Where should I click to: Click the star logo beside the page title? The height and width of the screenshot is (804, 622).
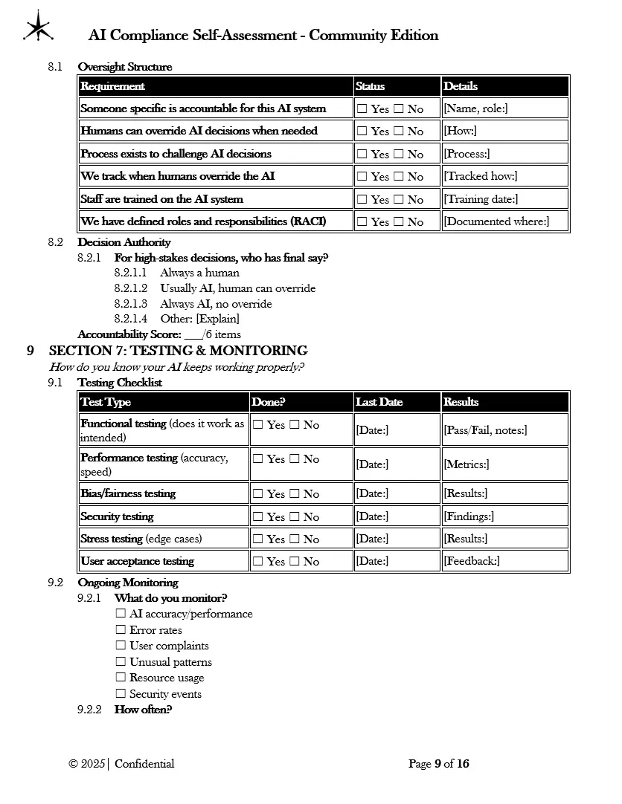tap(37, 27)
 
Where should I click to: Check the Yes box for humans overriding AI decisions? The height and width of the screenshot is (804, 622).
tap(362, 132)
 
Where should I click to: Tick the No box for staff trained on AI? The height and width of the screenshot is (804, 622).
tap(399, 200)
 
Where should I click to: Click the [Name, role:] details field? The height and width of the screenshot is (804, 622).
tap(475, 108)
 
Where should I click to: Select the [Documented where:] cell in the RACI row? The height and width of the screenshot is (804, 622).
tap(496, 221)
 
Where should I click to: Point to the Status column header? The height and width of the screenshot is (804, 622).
tap(371, 86)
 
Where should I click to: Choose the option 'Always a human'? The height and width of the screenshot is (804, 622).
tap(199, 273)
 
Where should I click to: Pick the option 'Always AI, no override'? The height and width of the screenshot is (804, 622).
tap(216, 304)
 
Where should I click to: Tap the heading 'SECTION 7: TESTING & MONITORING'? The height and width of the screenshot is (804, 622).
tap(179, 351)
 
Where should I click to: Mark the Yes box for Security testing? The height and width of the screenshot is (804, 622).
tap(258, 516)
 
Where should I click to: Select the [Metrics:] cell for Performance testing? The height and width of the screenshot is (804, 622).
tap(467, 464)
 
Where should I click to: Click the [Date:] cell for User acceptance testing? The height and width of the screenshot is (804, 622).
tap(372, 561)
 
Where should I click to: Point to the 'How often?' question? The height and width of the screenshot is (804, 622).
tap(143, 710)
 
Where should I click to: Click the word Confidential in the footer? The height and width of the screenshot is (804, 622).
tap(144, 764)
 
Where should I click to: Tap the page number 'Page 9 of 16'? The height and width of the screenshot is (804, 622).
tap(439, 764)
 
